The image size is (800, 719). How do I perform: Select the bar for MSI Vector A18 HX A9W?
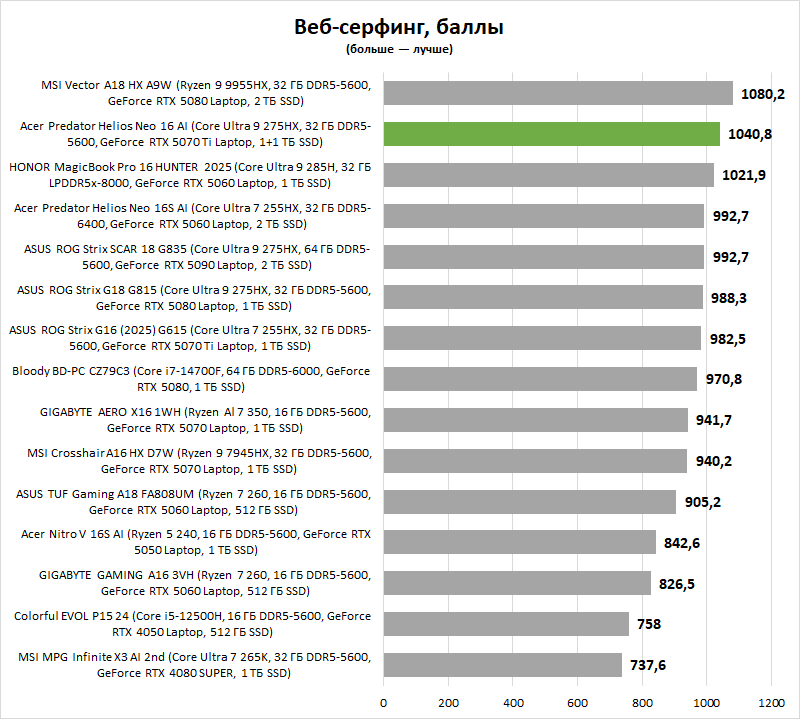tap(558, 93)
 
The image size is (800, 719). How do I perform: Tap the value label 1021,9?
tap(744, 175)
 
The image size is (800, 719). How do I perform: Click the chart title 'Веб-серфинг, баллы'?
tap(399, 27)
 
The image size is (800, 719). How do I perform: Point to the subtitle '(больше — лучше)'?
tap(399, 48)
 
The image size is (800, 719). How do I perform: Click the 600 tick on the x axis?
tap(578, 701)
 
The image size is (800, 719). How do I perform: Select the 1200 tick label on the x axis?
tap(771, 701)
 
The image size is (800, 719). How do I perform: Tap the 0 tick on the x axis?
tap(384, 701)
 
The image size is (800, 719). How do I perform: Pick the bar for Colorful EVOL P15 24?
tap(506, 624)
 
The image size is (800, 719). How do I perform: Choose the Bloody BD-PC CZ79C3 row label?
tap(191, 379)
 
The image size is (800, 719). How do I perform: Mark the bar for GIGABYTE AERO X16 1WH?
tap(536, 420)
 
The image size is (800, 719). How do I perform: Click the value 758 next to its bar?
tap(648, 624)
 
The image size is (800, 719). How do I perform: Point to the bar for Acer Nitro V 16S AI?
tap(520, 542)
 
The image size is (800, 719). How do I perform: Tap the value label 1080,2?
tap(764, 93)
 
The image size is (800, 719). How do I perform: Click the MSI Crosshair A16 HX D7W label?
tap(191, 461)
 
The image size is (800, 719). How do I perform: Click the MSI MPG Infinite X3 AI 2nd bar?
tap(503, 664)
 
